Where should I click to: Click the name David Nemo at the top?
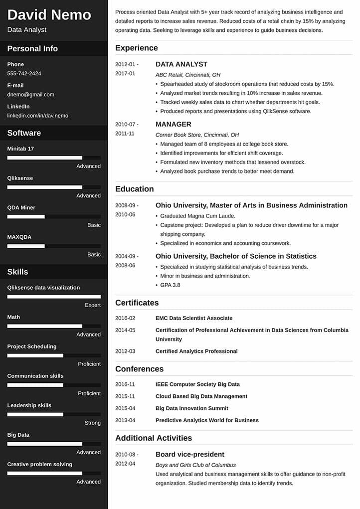point(49,14)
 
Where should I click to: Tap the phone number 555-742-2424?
point(24,73)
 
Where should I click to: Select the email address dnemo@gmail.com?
point(30,94)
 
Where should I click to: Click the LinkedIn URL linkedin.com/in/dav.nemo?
point(37,115)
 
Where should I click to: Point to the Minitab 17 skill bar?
point(54,158)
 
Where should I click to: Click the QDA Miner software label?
point(21,207)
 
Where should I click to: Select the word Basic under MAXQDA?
point(94,254)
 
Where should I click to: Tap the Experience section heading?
point(136,48)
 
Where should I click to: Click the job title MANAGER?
point(173,124)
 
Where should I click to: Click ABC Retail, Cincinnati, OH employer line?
point(187,75)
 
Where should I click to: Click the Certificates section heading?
point(137,303)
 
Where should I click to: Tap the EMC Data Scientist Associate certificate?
point(193,318)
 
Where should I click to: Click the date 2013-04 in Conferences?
point(125,420)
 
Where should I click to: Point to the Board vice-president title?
point(189,454)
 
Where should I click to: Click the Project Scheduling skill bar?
point(54,355)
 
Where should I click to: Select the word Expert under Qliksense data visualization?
point(92,305)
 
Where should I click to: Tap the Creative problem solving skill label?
point(39,464)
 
